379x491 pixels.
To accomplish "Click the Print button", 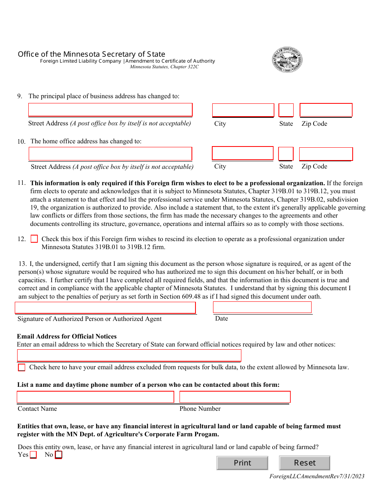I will (242, 463).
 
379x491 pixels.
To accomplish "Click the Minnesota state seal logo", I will (287, 60).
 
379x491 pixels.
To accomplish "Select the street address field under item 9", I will (110, 110).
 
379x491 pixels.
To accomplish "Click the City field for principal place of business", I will (243, 110).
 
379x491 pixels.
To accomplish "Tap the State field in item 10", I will (286, 154).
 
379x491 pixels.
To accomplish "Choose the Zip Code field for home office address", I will (326, 154).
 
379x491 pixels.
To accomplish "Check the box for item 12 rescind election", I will (34, 239).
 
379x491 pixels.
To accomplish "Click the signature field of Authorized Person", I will (105, 308).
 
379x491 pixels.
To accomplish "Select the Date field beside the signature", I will (262, 307).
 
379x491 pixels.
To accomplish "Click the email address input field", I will (129, 355).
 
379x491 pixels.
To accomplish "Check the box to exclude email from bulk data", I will (22, 367).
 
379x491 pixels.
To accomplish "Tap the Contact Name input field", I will (95, 397).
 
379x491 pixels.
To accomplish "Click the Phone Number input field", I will (235, 397).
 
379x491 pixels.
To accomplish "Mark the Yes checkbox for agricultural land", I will (33, 455).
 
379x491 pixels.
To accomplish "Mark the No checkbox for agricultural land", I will (59, 455).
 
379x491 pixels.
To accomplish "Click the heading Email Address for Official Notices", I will (67, 337).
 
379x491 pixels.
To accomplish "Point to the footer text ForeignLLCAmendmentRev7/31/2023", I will (317, 476).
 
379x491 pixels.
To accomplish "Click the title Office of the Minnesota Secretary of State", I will (91, 54).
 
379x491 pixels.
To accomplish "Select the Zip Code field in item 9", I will (326, 110).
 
